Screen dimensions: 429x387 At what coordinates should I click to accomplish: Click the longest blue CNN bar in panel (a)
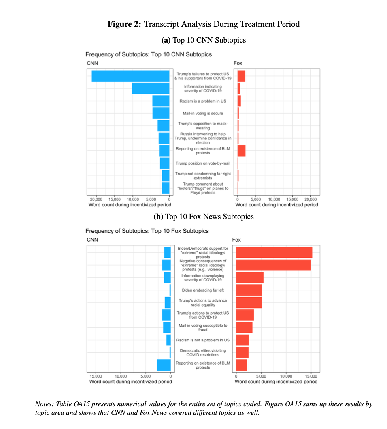tap(130, 76)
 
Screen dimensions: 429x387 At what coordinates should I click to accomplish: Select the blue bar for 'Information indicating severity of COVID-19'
tap(151, 88)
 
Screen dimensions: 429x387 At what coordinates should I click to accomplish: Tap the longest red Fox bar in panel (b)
tap(274, 252)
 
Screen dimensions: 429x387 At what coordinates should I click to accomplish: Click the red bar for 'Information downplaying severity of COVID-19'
tap(250, 277)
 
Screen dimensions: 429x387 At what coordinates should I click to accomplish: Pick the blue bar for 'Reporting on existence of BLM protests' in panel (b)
tap(164, 365)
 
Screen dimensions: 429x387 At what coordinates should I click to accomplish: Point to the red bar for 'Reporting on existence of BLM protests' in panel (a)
tap(241, 151)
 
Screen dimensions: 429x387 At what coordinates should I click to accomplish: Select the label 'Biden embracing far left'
tap(203, 290)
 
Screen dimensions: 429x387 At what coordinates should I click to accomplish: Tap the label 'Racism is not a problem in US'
tap(203, 340)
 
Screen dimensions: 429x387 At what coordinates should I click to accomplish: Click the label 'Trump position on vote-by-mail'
tap(203, 163)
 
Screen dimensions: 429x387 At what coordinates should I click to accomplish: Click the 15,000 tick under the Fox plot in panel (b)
tap(311, 376)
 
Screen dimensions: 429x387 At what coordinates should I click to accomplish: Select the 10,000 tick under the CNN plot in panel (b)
tap(121, 376)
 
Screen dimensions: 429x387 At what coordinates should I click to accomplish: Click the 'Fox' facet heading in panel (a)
tap(238, 63)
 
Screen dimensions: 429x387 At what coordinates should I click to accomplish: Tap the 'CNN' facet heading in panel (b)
tap(92, 240)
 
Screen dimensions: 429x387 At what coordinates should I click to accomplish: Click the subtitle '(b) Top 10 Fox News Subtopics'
tap(204, 217)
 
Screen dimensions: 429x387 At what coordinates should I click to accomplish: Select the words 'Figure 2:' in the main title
tap(124, 24)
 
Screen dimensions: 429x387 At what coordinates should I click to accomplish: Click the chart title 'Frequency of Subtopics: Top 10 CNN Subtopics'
tap(149, 54)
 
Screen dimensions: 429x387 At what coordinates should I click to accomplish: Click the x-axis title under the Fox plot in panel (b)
tap(276, 382)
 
